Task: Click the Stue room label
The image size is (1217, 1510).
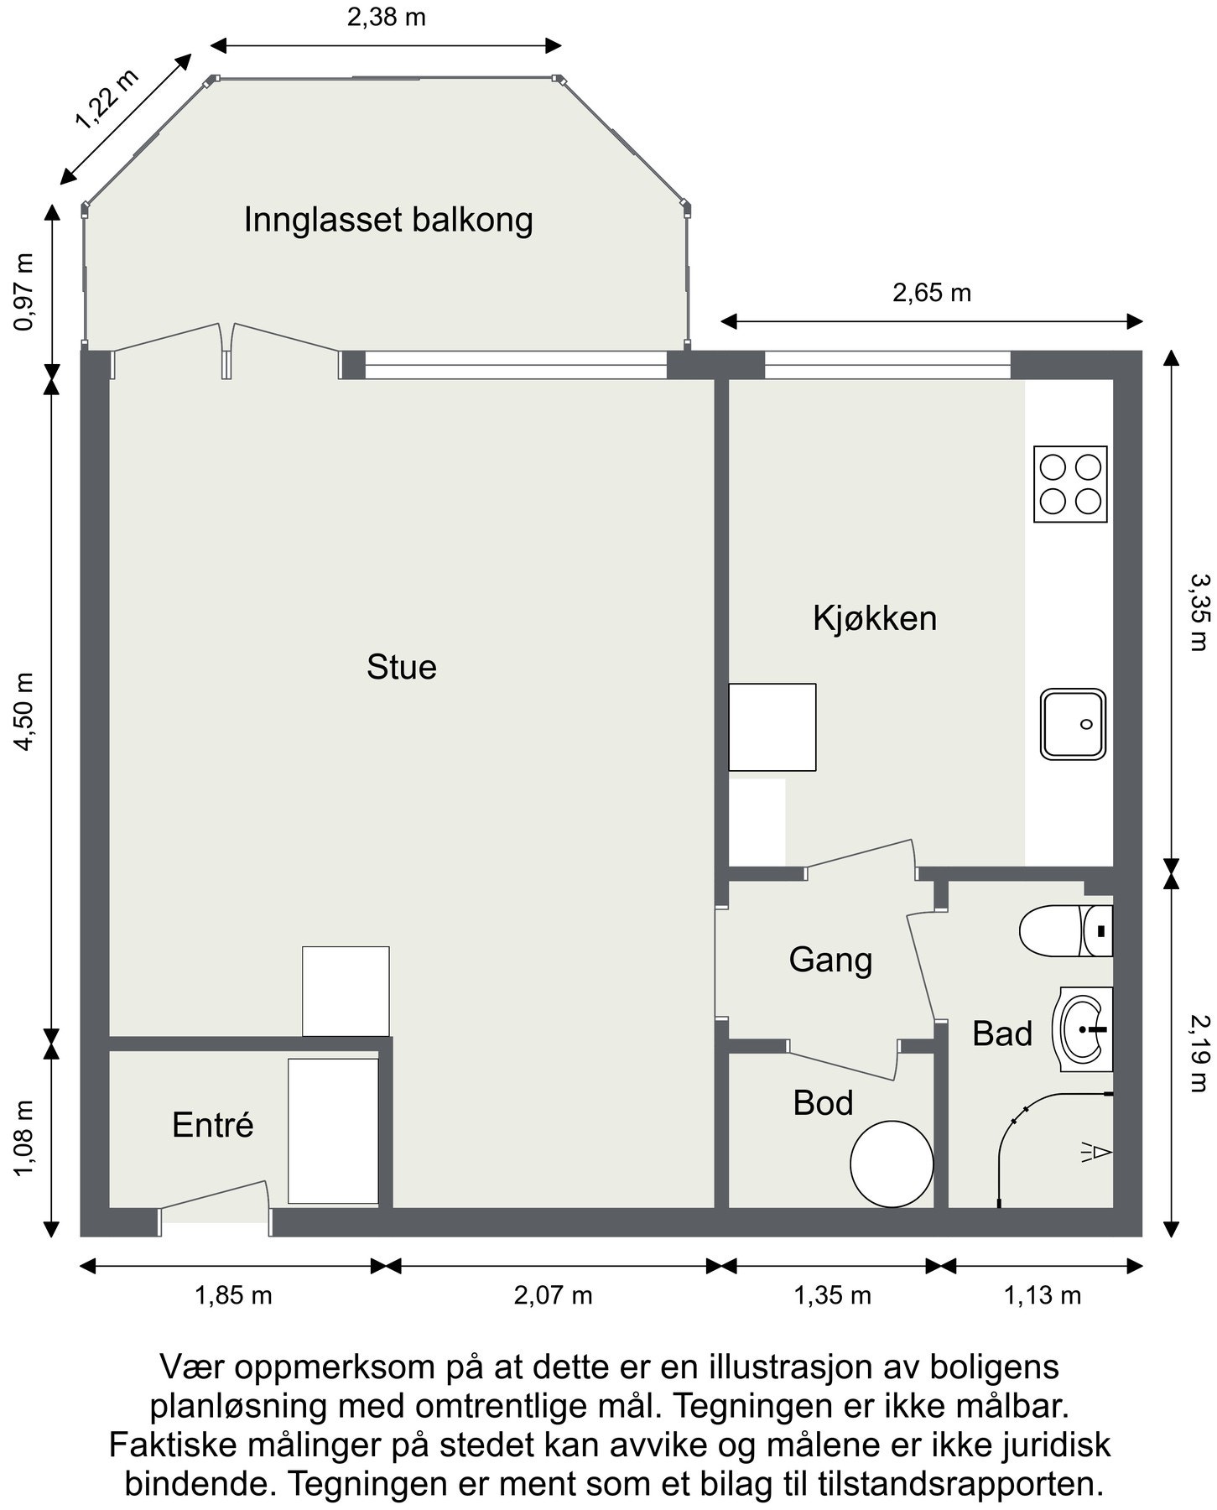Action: [401, 668]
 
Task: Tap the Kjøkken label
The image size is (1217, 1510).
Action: [874, 618]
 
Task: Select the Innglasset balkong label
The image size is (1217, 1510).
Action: [388, 220]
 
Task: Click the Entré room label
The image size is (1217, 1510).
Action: [212, 1125]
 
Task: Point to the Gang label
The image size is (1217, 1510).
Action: [830, 960]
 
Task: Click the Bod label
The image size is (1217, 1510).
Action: [823, 1103]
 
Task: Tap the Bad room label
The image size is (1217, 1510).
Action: [1001, 1034]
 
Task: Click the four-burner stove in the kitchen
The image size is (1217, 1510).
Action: [1069, 484]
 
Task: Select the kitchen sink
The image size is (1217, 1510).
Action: [1073, 724]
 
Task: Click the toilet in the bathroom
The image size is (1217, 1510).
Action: [1064, 930]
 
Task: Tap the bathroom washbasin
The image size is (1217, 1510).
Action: [1085, 1028]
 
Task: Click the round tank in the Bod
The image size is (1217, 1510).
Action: [892, 1164]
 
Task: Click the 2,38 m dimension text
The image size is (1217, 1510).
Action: [387, 17]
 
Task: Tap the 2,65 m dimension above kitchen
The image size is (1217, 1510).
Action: [931, 293]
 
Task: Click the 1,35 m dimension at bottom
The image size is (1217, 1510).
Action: [832, 1295]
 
